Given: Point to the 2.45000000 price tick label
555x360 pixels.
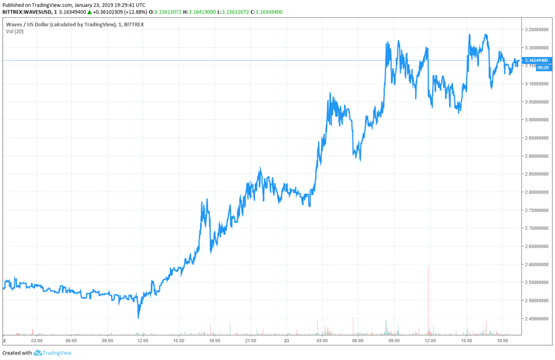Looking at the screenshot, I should coord(537,318).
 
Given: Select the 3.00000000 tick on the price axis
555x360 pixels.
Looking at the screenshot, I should coord(537,120).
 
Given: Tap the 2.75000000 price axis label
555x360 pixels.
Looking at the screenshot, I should coord(537,210).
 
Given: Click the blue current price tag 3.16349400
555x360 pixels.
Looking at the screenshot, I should coord(537,60).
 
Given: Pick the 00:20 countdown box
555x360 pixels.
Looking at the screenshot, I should coord(543,68).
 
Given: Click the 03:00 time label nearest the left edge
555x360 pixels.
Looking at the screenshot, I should coord(36,340).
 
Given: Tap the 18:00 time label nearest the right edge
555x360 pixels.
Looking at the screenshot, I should coord(502,340).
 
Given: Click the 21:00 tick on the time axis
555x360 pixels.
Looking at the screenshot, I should coord(250,340).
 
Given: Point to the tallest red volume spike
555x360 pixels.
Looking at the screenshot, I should coord(428,298).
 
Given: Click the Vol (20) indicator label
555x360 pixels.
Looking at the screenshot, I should coord(15,31).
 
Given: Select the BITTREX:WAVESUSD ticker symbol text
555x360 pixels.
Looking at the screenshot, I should coord(30,12).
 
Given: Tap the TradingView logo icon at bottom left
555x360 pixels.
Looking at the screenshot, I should coord(37,353).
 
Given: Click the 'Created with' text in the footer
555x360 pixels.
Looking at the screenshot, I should coord(16,353).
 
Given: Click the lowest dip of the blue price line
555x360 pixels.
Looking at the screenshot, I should coord(138,317).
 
